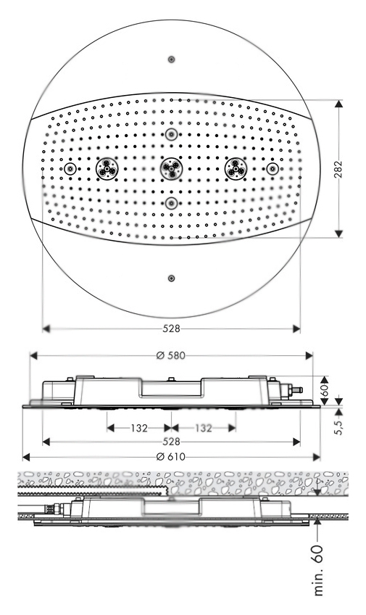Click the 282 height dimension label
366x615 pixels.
[338, 169]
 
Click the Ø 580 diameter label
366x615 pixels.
[170, 356]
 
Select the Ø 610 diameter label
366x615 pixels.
[170, 457]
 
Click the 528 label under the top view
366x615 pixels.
[171, 329]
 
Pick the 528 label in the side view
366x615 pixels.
[171, 442]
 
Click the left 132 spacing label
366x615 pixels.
[139, 428]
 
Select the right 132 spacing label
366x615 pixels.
[204, 428]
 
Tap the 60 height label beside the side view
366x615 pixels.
[325, 390]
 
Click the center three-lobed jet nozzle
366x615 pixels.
[171, 169]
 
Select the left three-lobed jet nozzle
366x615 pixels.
[107, 169]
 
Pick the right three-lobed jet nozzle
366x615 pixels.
[236, 169]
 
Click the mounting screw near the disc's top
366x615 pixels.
[171, 59]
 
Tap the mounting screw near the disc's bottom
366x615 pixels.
[171, 278]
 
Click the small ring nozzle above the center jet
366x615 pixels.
[171, 135]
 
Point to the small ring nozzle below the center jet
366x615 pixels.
[171, 203]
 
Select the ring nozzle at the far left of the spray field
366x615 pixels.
[70, 169]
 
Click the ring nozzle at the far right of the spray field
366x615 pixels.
[273, 169]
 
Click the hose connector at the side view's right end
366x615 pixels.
[295, 390]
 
